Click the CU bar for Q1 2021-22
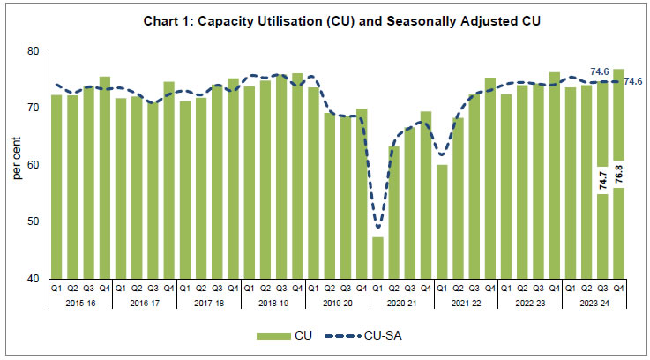[442, 221]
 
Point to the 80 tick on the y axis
[34, 51]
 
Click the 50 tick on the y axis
[34, 221]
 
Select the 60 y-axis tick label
[34, 165]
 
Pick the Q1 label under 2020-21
[377, 288]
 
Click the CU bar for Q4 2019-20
[362, 193]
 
